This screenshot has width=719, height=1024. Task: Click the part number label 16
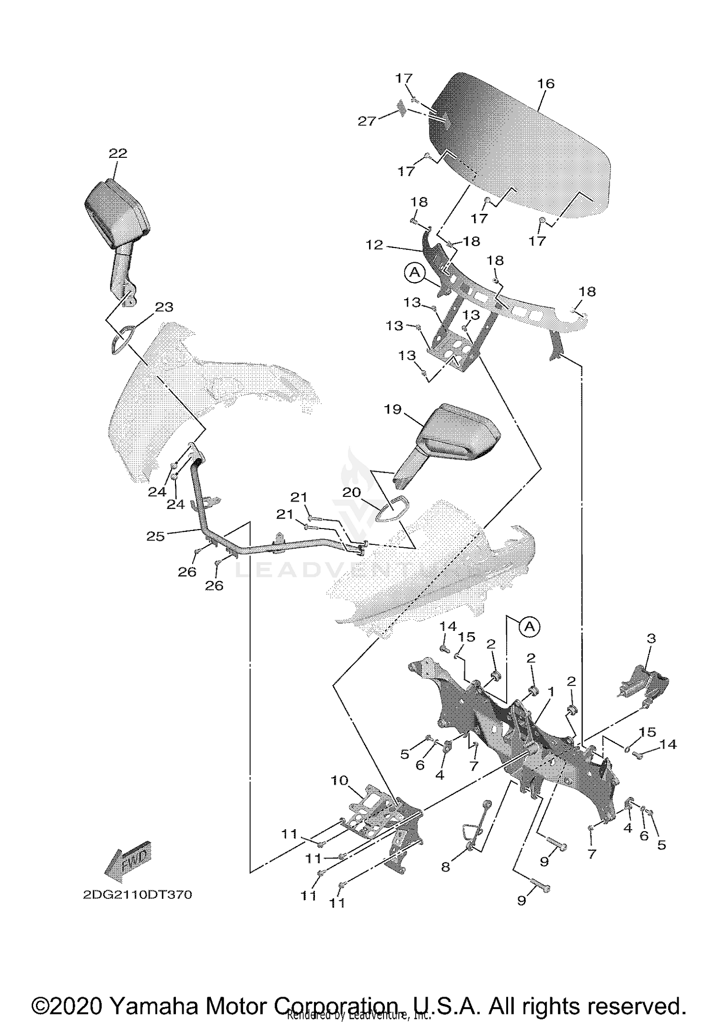[x=545, y=83]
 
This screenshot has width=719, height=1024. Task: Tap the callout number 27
[x=367, y=121]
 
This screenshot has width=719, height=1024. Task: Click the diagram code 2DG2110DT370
[x=138, y=895]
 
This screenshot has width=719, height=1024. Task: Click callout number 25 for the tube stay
[x=155, y=536]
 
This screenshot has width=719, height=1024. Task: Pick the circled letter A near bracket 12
[x=415, y=272]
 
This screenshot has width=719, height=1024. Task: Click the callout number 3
[x=651, y=638]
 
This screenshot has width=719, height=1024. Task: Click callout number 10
[x=339, y=780]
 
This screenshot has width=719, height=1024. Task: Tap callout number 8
[x=446, y=867]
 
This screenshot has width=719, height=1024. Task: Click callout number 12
[x=374, y=245]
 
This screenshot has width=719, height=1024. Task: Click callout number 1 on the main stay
[x=551, y=692]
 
